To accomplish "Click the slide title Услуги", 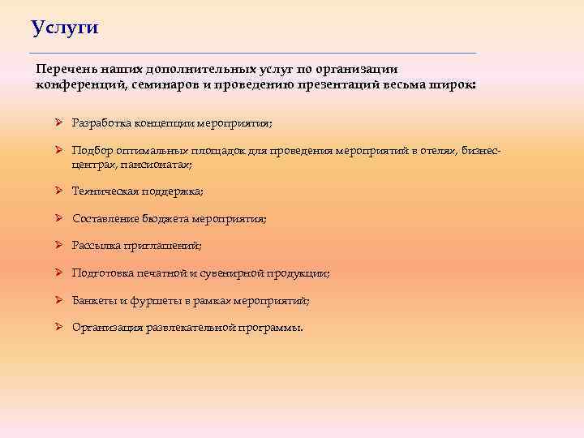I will point(65,28).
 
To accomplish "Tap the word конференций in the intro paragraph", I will point(75,84).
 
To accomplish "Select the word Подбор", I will point(91,150).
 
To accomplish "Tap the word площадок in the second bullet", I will point(211,150).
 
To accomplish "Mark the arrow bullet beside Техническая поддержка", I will point(59,191).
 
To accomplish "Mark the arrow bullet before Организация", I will point(59,328).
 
